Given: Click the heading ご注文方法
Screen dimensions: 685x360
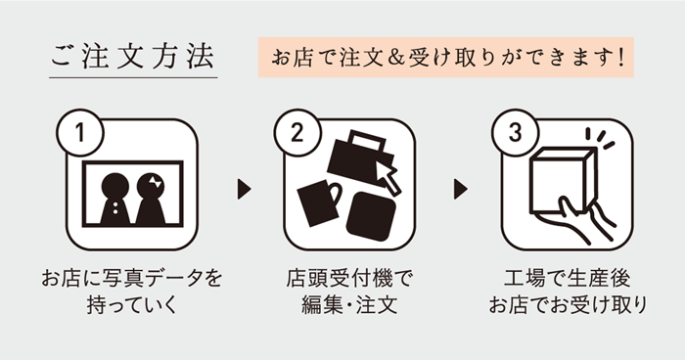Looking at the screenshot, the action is (133, 57).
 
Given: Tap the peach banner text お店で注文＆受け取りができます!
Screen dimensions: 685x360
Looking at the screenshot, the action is (447, 58).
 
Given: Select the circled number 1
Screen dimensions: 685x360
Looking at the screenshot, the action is (80, 132).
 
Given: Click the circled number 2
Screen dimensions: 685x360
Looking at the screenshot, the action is (297, 132).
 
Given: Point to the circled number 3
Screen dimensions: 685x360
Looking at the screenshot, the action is (516, 132).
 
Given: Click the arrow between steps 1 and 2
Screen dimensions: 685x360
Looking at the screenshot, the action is (244, 189).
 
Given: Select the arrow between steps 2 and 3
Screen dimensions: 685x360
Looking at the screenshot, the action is (461, 189).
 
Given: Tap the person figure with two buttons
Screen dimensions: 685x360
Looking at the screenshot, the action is (115, 198).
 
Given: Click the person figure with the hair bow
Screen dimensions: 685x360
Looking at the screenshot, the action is (151, 198).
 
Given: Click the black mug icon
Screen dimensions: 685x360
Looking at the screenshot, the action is (319, 203).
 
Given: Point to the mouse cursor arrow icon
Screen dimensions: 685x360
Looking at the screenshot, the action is (388, 178).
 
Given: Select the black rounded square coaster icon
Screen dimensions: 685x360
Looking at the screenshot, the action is (371, 216).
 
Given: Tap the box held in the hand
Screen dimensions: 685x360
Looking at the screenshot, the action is (563, 181).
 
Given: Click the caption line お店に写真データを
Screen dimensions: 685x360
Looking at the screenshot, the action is (132, 278).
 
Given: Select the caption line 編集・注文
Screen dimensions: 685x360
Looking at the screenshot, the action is (349, 304).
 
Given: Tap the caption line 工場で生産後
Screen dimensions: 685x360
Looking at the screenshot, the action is (567, 278).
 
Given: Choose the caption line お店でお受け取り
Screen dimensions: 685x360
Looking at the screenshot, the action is (568, 304).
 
